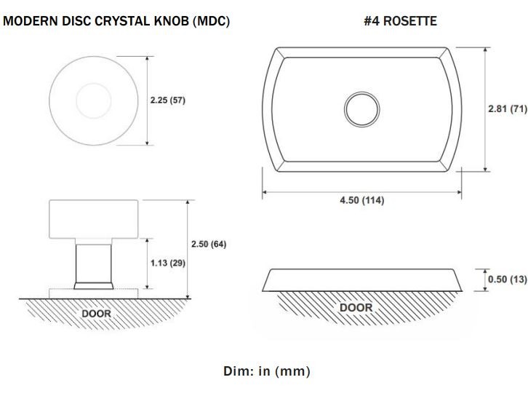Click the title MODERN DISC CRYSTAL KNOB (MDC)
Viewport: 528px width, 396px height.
coord(116,22)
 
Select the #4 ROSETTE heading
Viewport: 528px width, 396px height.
coord(399,22)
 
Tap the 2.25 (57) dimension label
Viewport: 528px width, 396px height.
coord(167,100)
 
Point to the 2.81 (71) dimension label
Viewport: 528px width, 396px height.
coord(506,108)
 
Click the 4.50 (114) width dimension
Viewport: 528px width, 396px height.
coord(362,200)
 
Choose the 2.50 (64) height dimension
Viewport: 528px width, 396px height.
coord(208,244)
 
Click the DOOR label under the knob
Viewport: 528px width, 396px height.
coord(96,313)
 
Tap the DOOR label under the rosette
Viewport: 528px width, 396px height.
coord(356,307)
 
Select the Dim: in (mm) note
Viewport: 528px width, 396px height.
coord(266,371)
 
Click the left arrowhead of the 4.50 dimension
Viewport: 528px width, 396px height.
coord(265,192)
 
